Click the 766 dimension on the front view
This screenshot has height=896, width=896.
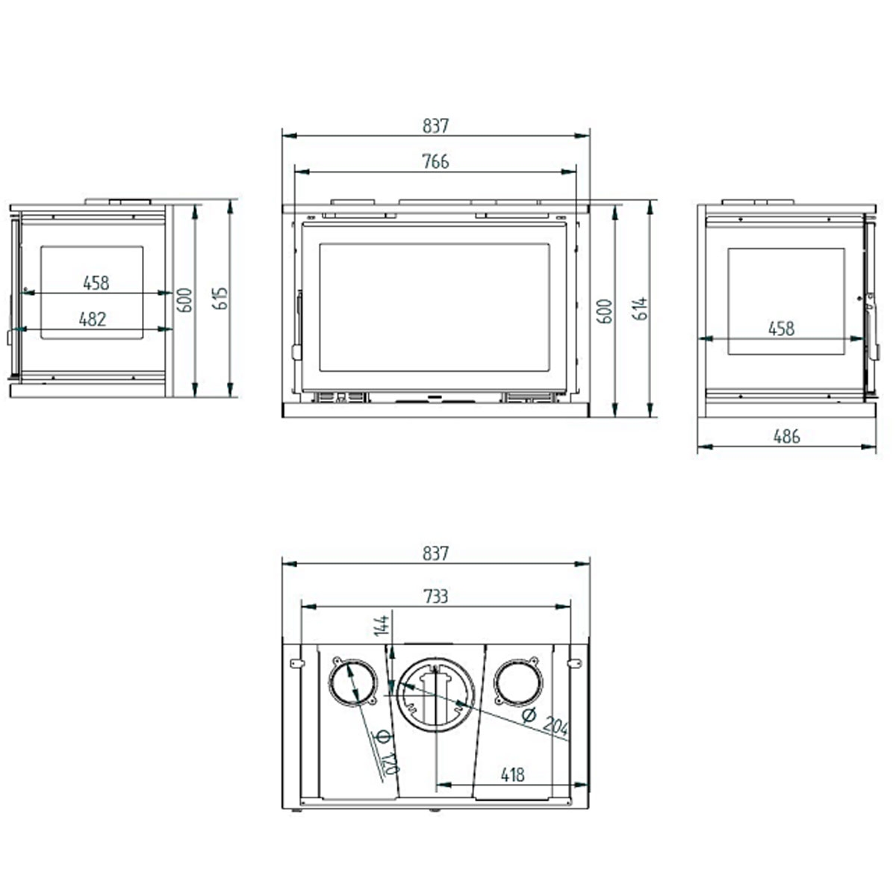[435, 161]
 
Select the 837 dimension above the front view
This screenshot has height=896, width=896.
[435, 125]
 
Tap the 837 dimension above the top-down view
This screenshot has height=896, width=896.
[435, 553]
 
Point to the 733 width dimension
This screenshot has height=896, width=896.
[435, 596]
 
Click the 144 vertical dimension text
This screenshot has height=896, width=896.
[382, 626]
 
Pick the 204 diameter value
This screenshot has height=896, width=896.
[556, 726]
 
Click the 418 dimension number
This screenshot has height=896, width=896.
[512, 775]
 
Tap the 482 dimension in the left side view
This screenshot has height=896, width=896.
[93, 319]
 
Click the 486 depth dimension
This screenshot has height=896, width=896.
[786, 436]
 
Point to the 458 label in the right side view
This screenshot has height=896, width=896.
[781, 328]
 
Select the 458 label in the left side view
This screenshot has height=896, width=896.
[96, 283]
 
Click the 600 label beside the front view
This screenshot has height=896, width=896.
[606, 311]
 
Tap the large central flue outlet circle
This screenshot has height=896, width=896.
[433, 694]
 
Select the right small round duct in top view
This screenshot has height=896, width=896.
[515, 681]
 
